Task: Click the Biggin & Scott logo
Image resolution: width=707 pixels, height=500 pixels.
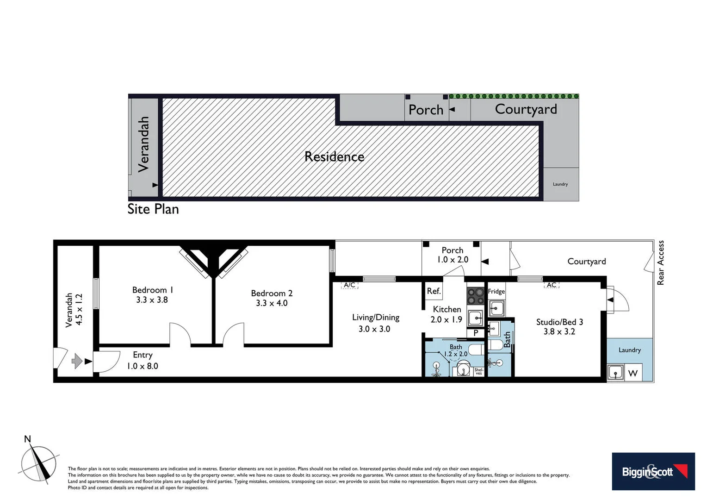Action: [653, 471]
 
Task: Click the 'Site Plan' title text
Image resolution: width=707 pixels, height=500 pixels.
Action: [153, 209]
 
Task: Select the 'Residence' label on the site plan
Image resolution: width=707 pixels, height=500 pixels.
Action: [334, 157]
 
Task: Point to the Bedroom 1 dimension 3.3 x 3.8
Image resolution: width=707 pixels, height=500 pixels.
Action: [152, 300]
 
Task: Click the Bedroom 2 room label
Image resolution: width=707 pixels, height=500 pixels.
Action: [272, 293]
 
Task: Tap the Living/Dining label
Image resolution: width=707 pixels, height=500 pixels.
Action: [375, 318]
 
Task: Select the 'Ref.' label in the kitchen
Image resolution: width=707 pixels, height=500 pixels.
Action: [434, 291]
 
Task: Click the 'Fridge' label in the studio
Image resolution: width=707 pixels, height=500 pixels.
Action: [496, 291]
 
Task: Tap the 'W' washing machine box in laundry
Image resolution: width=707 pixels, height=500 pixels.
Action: [633, 373]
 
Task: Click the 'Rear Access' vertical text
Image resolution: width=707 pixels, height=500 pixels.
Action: [661, 262]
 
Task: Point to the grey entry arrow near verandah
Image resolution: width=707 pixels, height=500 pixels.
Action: [77, 361]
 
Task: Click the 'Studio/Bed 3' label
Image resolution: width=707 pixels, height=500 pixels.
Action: [559, 322]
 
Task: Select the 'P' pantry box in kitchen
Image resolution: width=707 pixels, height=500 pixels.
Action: [475, 332]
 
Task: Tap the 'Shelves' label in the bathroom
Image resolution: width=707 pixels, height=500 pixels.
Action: [478, 371]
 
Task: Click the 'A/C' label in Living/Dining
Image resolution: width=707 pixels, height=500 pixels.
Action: [349, 285]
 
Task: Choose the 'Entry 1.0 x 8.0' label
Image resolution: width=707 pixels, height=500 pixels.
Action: [143, 360]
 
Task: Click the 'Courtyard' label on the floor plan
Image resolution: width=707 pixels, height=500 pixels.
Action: [586, 262]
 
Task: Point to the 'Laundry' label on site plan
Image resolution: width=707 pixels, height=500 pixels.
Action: [560, 184]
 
